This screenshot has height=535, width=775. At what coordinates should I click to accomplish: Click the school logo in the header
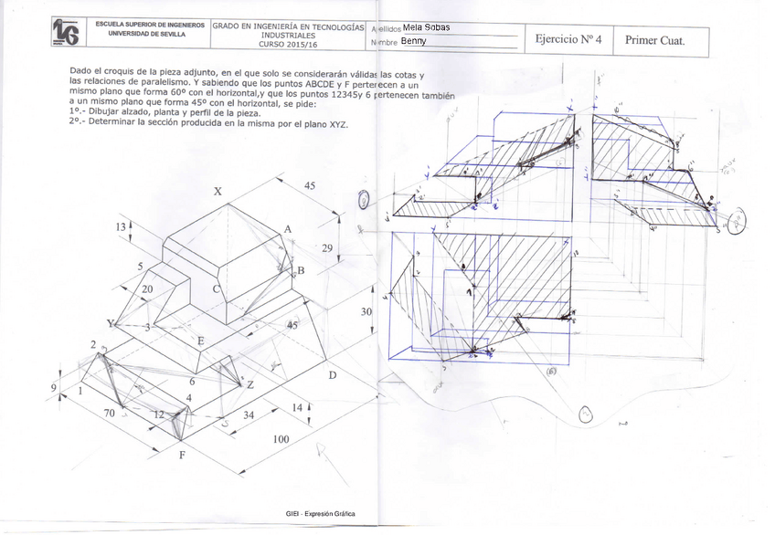click(66, 33)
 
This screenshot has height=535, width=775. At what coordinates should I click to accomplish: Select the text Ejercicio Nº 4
click(568, 39)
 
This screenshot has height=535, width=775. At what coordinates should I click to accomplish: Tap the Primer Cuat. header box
click(654, 40)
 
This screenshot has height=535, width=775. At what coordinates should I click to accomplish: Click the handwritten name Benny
click(413, 41)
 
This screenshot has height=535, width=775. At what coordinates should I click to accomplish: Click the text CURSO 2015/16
click(288, 43)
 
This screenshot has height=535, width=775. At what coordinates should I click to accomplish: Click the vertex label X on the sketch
click(218, 192)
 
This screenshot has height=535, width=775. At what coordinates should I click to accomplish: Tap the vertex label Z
click(249, 384)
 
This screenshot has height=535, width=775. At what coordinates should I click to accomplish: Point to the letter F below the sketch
click(181, 454)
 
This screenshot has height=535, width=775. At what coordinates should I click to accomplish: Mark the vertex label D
click(333, 375)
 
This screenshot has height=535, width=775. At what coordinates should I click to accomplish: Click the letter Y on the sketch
click(111, 323)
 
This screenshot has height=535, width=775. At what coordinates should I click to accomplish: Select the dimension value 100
click(281, 439)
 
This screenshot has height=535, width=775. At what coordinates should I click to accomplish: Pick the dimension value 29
click(328, 247)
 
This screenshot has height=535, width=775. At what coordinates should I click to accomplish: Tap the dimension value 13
click(120, 226)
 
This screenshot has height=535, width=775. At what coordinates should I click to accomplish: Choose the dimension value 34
click(248, 416)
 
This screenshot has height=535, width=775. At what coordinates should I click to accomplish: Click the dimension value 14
click(297, 407)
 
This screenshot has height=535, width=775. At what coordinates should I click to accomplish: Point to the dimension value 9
click(54, 386)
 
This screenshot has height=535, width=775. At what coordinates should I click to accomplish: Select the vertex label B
click(300, 270)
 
